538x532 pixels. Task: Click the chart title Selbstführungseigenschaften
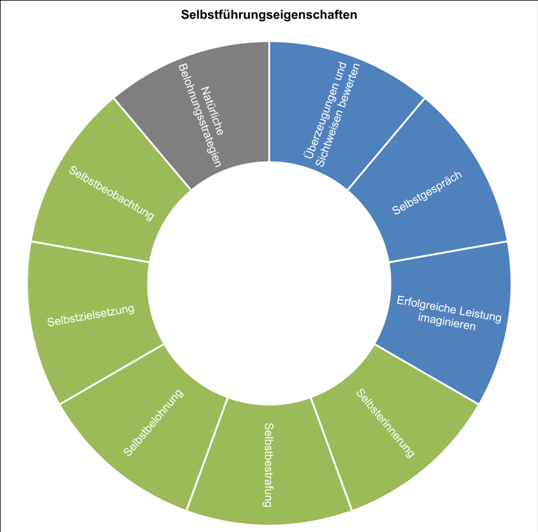pyautogui.click(x=269, y=15)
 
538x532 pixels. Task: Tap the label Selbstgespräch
pyautogui.click(x=427, y=193)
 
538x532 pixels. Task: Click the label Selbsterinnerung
pyautogui.click(x=385, y=422)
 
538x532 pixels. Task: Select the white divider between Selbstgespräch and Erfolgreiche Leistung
pyautogui.click(x=448, y=252)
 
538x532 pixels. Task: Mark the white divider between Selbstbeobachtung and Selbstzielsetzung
pyautogui.click(x=90, y=252)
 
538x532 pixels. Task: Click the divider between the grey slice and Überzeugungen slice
pyautogui.click(x=269, y=103)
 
